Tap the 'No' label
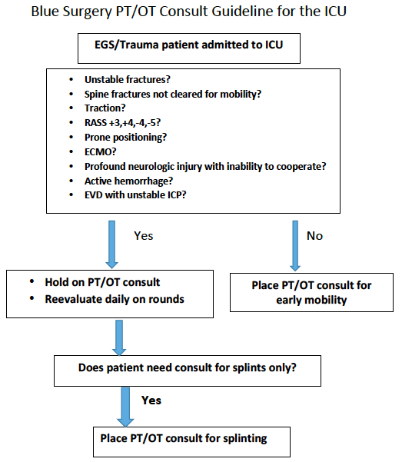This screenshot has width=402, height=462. pos(315,236)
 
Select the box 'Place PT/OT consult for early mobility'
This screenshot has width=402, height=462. pos(311,292)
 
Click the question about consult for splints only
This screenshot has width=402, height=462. pos(189,367)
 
